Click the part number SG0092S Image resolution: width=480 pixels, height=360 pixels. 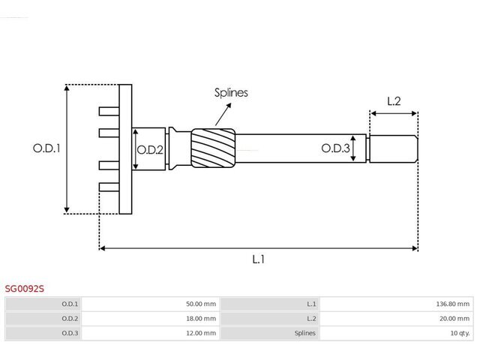click(x=25, y=288)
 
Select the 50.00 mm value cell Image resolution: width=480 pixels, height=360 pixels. click(x=201, y=304)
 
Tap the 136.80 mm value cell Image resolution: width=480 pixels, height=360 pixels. click(x=453, y=304)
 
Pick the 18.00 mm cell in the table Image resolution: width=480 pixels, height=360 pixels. click(x=201, y=319)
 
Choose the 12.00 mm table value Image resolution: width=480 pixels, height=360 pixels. click(x=201, y=333)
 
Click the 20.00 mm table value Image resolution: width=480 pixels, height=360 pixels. click(x=454, y=319)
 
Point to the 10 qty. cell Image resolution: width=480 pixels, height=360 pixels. click(x=460, y=333)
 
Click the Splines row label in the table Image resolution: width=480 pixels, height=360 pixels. click(x=305, y=333)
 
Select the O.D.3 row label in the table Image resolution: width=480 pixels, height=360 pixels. click(x=70, y=333)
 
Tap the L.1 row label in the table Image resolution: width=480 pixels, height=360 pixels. click(x=311, y=304)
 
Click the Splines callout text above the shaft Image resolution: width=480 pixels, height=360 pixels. click(x=231, y=93)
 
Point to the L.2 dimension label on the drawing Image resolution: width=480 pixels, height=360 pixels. click(x=394, y=101)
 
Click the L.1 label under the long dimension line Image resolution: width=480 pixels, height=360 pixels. click(x=258, y=259)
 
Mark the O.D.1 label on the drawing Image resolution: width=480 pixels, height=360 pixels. click(x=46, y=148)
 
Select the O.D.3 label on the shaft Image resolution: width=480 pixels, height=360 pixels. click(x=335, y=148)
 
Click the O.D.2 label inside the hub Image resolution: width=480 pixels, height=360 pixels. click(x=150, y=150)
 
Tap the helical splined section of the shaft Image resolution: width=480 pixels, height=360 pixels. click(x=213, y=148)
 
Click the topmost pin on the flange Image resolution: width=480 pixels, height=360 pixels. click(x=109, y=112)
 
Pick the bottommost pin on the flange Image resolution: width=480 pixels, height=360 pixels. click(x=109, y=187)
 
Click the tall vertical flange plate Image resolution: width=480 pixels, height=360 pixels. click(x=125, y=149)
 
